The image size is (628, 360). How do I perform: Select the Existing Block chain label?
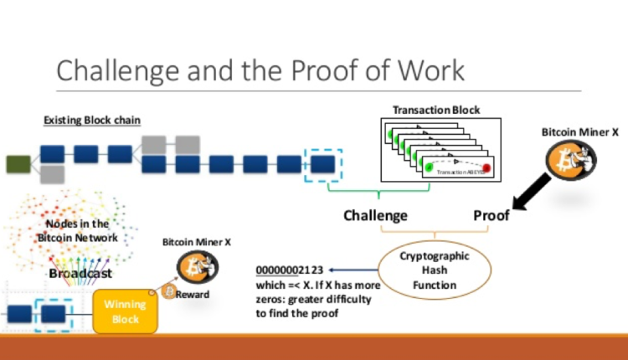point(92,121)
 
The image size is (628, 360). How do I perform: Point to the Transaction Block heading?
point(436,110)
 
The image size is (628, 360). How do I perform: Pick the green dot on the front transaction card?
point(430,168)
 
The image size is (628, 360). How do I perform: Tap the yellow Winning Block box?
point(125,311)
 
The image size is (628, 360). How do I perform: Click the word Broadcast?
point(80,274)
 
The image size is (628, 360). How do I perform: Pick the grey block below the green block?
point(52,175)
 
